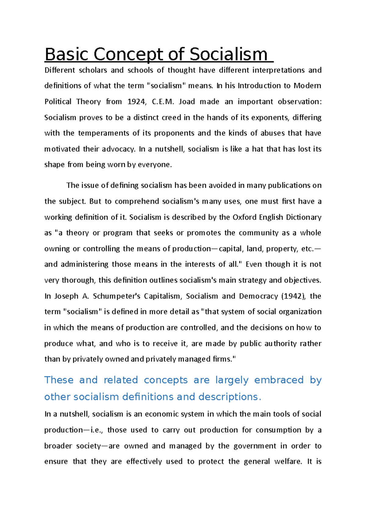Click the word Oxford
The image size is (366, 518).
(244, 217)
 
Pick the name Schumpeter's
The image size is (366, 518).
(117, 296)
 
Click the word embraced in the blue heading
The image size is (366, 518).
(279, 380)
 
